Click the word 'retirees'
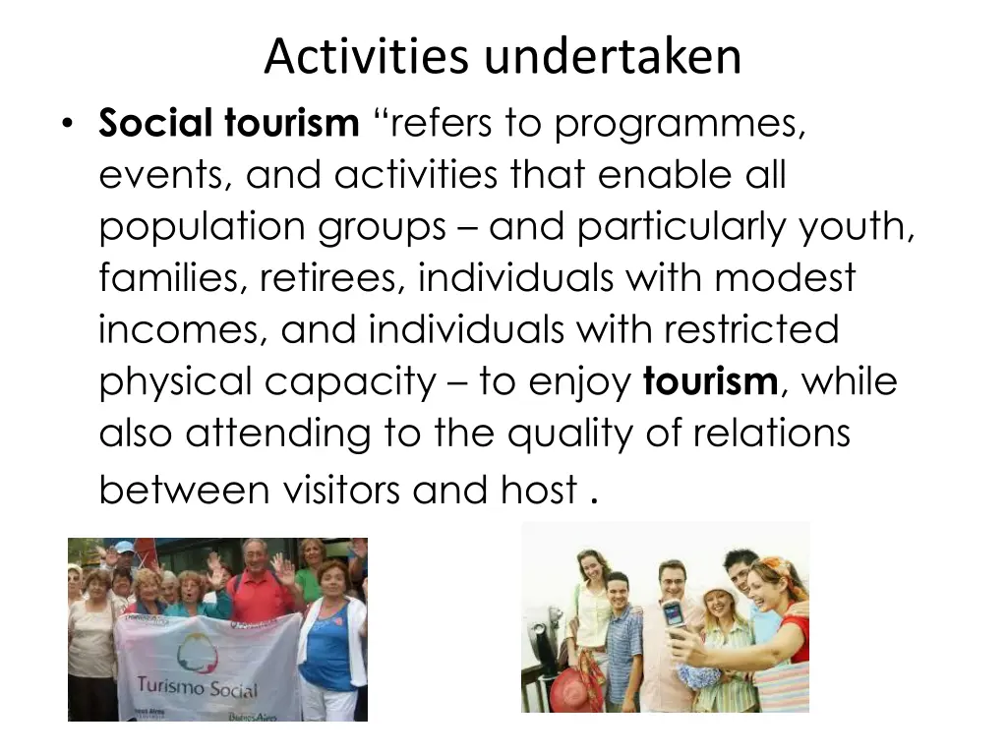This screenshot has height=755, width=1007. pyautogui.click(x=332, y=278)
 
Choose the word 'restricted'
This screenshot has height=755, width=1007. pyautogui.click(x=751, y=329)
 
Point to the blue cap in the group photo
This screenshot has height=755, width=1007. pyautogui.click(x=124, y=547)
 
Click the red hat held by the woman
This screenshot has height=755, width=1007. pyautogui.click(x=576, y=689)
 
